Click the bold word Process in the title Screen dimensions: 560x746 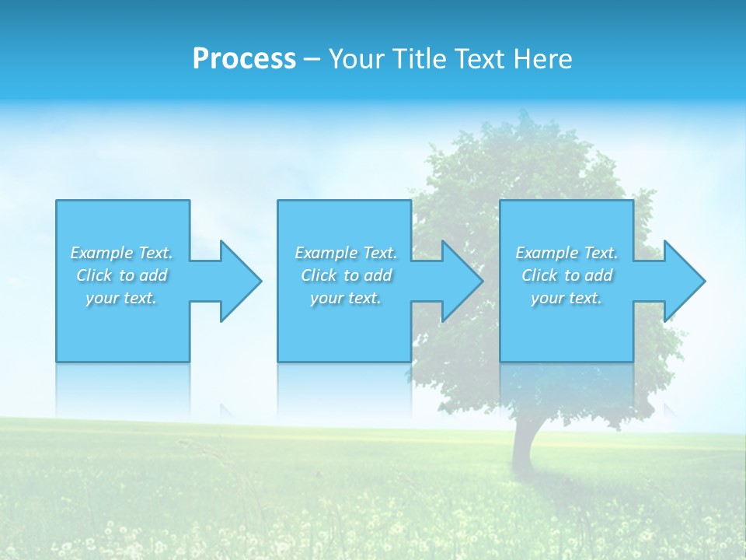click(x=244, y=59)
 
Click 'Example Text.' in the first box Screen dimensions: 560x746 click(x=121, y=253)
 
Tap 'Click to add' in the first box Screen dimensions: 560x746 click(x=121, y=275)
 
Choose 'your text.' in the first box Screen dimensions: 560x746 click(x=121, y=298)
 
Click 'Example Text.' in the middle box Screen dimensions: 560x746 click(x=346, y=253)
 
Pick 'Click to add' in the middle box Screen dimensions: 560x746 click(x=346, y=275)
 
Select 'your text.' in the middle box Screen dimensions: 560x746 click(x=346, y=298)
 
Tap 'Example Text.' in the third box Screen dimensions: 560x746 click(x=566, y=253)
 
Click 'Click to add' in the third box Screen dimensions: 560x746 click(x=566, y=275)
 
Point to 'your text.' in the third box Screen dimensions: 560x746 click(x=566, y=298)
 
